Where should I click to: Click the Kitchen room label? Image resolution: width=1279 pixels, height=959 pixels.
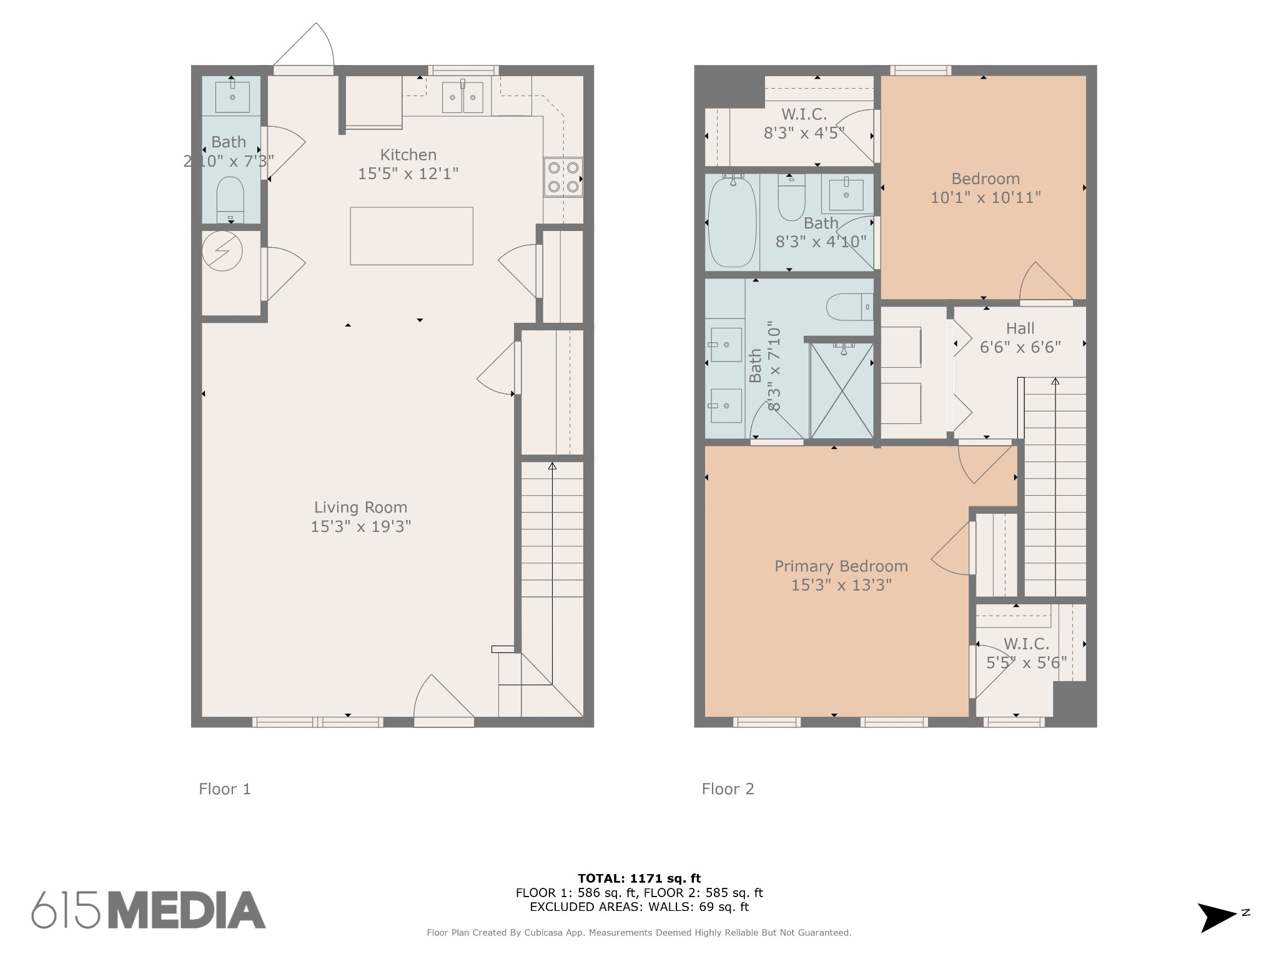click(x=408, y=164)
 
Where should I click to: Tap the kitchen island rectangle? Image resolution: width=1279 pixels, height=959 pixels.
click(x=412, y=236)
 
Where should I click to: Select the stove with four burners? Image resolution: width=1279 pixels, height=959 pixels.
click(x=563, y=177)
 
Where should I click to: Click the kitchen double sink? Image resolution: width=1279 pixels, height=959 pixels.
click(x=463, y=97)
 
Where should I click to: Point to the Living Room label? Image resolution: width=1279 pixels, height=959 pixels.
click(x=361, y=517)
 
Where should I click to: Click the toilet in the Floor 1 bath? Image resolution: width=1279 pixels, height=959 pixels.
click(x=230, y=199)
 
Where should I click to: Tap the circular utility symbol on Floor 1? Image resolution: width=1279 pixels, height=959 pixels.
click(x=222, y=251)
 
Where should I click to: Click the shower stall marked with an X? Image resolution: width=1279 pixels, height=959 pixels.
click(x=842, y=391)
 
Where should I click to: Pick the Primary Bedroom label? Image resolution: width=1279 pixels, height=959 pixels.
click(x=841, y=576)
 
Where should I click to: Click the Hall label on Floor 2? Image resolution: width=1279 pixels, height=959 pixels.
click(x=1020, y=337)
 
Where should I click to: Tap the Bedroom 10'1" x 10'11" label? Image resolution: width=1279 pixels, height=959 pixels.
click(x=985, y=188)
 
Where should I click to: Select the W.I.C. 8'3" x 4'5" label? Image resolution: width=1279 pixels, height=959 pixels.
click(x=804, y=124)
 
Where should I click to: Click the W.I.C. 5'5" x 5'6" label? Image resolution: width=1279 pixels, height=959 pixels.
click(x=1026, y=653)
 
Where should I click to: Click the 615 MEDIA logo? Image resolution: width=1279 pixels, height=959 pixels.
click(x=149, y=910)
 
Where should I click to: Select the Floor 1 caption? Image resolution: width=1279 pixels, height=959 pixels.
click(x=225, y=789)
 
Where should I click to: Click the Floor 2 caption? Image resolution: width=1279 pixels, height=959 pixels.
click(x=728, y=789)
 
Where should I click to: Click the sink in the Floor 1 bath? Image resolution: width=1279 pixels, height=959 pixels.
click(x=232, y=96)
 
